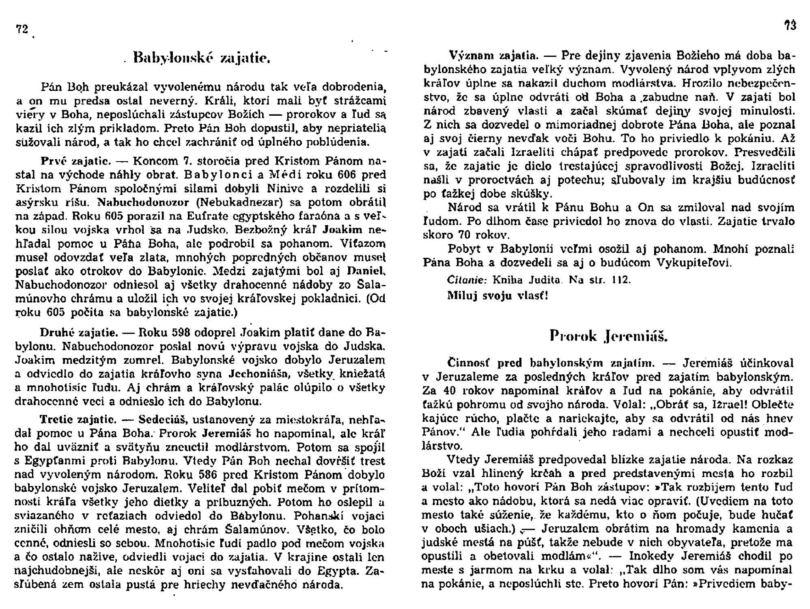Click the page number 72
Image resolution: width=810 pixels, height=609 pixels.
pos(22,29)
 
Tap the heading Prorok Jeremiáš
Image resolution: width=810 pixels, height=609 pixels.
pos(608,336)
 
